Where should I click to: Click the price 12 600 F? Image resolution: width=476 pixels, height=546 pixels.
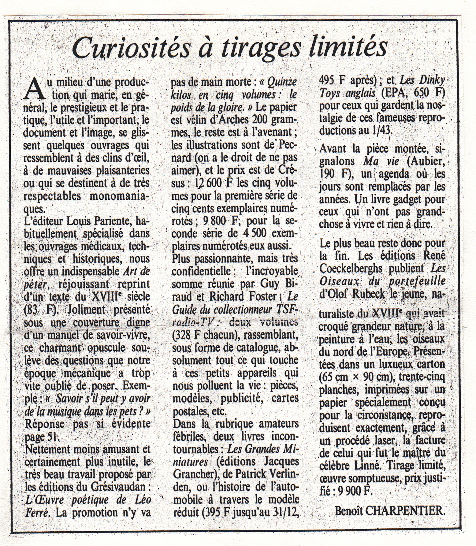[x=213, y=183]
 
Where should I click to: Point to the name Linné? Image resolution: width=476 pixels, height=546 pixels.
[x=367, y=466]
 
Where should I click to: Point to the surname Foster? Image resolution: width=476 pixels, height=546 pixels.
[x=263, y=296]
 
